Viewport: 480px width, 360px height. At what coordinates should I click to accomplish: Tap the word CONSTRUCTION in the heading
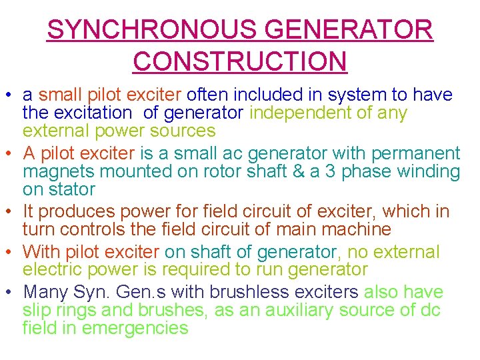240,61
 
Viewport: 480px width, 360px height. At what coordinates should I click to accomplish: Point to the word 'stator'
59,189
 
